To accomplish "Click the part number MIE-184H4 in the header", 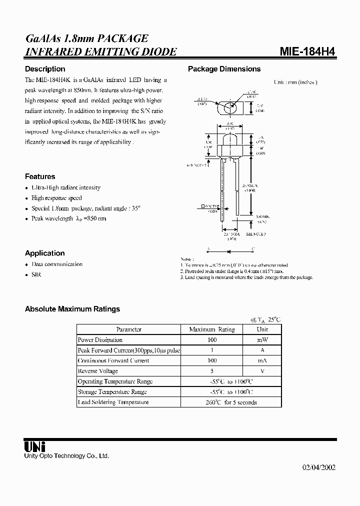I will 306,51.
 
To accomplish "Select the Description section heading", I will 45,69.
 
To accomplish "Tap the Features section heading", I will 40,176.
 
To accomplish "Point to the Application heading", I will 45,253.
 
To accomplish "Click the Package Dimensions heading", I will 224,69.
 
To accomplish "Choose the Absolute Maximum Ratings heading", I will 72,309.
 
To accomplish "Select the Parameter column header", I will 128,329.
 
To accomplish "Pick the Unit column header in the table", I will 262,329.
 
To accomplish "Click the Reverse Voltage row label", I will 98,371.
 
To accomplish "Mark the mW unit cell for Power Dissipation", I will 262,340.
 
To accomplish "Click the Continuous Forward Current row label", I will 113,360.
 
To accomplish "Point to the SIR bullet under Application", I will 36,275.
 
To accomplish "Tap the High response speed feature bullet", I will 56,198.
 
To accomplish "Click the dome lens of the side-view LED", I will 230,138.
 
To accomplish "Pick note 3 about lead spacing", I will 246,277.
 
